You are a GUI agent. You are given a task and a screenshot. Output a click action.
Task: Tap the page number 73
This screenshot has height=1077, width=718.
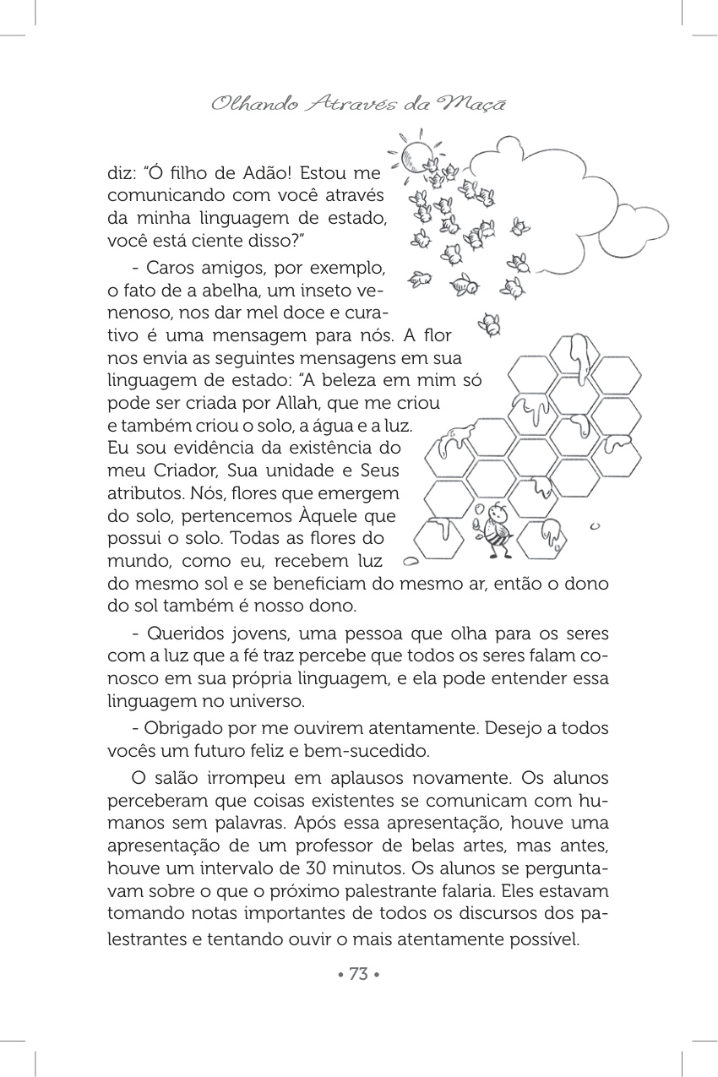click(358, 974)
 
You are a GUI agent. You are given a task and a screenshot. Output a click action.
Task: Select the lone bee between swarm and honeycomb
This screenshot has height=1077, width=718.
click(489, 323)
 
